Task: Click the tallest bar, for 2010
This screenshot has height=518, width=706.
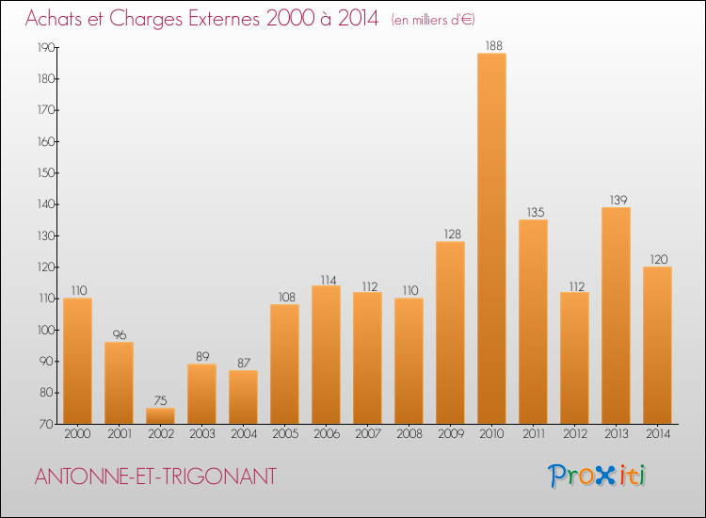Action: (x=491, y=238)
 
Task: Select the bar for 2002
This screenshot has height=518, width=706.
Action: (x=160, y=415)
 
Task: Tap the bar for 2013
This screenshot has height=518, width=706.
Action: (x=616, y=316)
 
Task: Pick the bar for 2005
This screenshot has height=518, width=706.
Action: (x=284, y=364)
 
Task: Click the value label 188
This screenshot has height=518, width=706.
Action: (x=491, y=45)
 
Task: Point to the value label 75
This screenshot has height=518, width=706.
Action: (x=160, y=400)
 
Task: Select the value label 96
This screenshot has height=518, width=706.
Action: (x=119, y=334)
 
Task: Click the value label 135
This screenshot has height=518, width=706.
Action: (x=533, y=212)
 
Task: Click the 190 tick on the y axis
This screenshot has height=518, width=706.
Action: (x=42, y=47)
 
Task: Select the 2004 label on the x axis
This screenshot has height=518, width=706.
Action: (x=243, y=434)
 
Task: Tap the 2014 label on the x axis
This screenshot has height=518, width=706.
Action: (x=657, y=434)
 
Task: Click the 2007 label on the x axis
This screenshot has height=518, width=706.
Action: (x=367, y=434)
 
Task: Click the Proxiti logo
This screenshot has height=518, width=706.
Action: (x=597, y=476)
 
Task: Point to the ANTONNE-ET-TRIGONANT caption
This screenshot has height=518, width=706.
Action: (x=155, y=477)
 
